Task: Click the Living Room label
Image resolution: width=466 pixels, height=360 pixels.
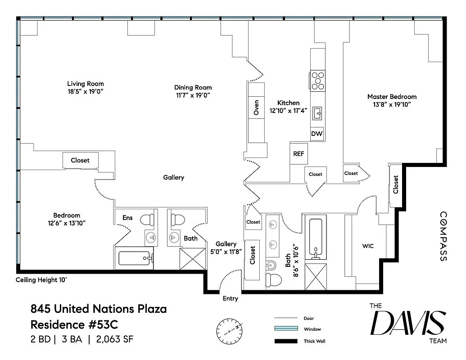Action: point(86,84)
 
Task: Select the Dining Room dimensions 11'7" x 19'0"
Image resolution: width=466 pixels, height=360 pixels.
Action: point(193,95)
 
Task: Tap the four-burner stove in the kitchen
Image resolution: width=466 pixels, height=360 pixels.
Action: point(317,81)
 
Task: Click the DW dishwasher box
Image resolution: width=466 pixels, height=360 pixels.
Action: point(317,134)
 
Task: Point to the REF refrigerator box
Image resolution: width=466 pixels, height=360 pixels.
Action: point(299,154)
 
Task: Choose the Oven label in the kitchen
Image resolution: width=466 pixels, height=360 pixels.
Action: point(256,108)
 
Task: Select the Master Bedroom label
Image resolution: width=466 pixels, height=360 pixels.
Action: point(392,97)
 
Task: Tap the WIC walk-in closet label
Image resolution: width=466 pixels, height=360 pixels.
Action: point(368,246)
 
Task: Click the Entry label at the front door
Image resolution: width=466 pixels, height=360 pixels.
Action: point(230,298)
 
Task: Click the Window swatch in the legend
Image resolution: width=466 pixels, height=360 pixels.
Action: point(286,329)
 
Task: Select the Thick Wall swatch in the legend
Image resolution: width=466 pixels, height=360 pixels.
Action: point(286,341)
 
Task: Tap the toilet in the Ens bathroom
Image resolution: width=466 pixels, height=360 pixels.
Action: point(147,220)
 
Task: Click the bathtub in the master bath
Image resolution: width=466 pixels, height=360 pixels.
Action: point(317,238)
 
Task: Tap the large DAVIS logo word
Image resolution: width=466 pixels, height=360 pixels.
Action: point(407,323)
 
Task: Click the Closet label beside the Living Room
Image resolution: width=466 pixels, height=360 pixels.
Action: point(80,160)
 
